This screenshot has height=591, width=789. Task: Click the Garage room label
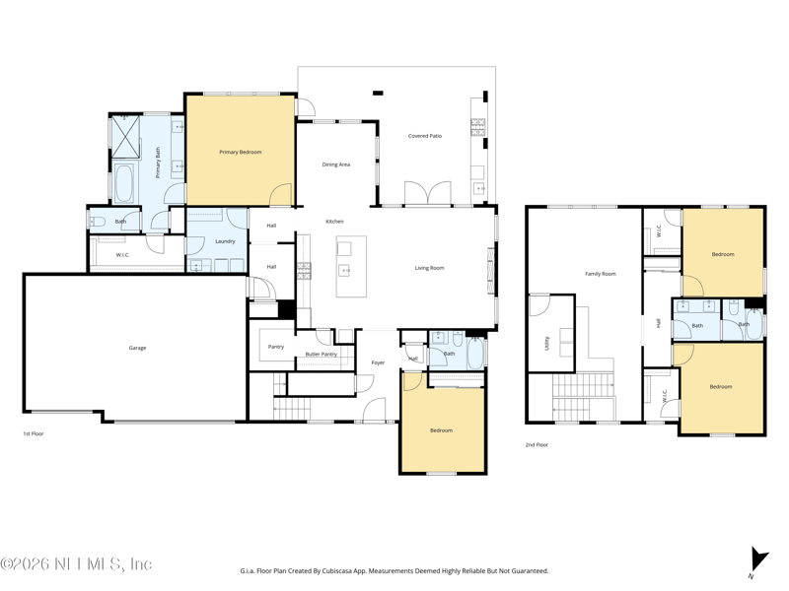[x=137, y=348]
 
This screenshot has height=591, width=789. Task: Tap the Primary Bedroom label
[x=240, y=152]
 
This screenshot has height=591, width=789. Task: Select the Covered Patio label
[x=425, y=136]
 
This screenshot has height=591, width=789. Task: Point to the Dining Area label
[x=335, y=164]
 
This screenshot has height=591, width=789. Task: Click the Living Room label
[x=429, y=268]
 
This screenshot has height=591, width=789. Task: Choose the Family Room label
[x=601, y=274]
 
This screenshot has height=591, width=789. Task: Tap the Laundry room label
[x=225, y=241]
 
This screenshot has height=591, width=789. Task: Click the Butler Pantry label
[x=322, y=355]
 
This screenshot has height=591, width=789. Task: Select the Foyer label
[x=378, y=362]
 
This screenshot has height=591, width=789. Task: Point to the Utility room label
[x=547, y=343]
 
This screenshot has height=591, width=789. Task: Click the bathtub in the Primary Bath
[x=123, y=183]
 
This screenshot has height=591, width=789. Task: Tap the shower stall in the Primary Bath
[x=125, y=137]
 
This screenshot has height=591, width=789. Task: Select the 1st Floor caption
[x=34, y=433]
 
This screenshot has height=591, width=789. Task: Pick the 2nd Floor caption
[x=537, y=445]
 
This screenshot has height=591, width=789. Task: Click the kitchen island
[x=351, y=266]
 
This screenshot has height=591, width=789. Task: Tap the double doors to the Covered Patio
[x=428, y=193]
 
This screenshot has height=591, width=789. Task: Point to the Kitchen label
[x=334, y=221]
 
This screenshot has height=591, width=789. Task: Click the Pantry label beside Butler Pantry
[x=276, y=347]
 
